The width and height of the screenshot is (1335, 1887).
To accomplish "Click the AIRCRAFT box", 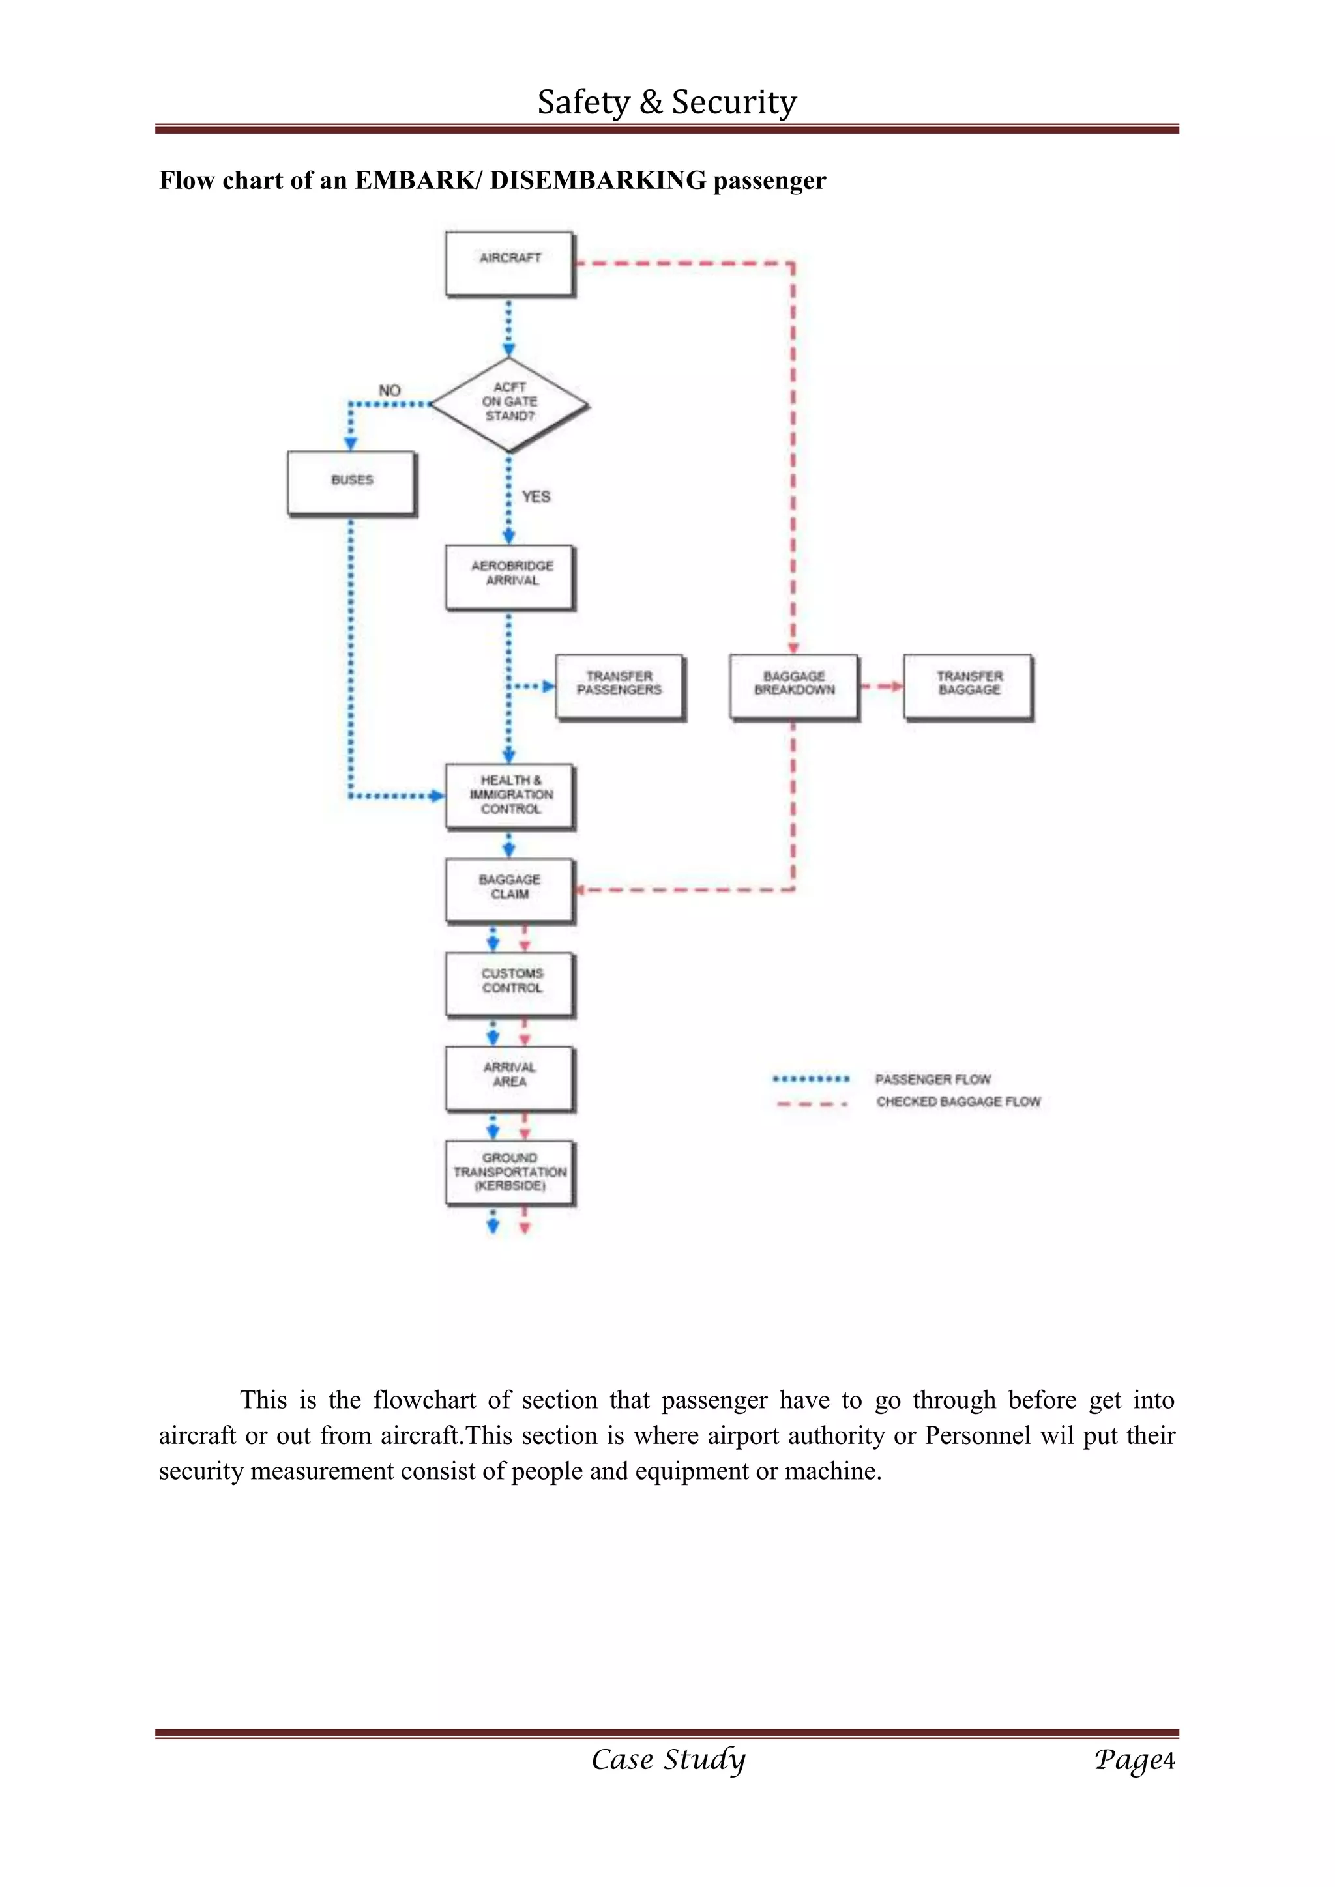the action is click(510, 265).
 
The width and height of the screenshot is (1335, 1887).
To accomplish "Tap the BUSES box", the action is click(352, 484).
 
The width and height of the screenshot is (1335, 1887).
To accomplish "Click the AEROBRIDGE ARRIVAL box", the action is click(510, 578).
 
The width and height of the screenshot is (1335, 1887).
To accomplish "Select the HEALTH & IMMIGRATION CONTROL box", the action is click(510, 797).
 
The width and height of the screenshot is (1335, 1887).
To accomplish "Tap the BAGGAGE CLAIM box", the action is click(510, 892).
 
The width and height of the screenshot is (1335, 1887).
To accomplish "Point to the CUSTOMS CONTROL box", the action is click(510, 985).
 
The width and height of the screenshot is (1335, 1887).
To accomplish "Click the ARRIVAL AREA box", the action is click(510, 1079).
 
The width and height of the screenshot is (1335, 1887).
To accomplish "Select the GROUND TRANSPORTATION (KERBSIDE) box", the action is click(510, 1174).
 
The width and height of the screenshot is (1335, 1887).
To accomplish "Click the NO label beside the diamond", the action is click(390, 390).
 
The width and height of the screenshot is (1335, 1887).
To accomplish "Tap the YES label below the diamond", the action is click(536, 497).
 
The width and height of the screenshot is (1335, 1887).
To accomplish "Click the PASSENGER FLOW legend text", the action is click(933, 1079).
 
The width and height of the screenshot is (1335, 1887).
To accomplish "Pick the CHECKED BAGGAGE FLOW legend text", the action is click(958, 1101).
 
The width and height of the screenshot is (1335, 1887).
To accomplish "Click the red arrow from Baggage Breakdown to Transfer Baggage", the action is click(881, 686).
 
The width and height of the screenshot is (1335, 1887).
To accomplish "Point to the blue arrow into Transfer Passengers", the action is click(532, 686).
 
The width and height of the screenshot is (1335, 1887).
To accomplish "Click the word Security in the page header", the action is click(734, 103).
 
